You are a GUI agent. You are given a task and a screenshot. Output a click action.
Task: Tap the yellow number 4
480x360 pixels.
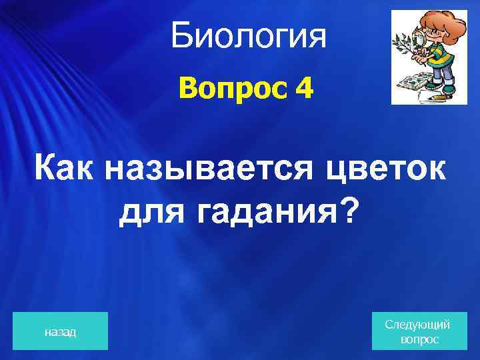(303, 89)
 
